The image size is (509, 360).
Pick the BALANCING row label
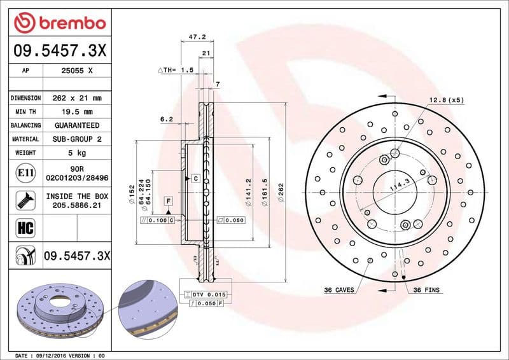click(25, 125)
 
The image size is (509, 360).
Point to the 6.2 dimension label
click(167, 119)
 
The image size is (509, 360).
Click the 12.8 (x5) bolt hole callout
click(445, 100)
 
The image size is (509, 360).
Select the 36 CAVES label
click(338, 290)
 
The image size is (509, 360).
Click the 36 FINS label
click(426, 290)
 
